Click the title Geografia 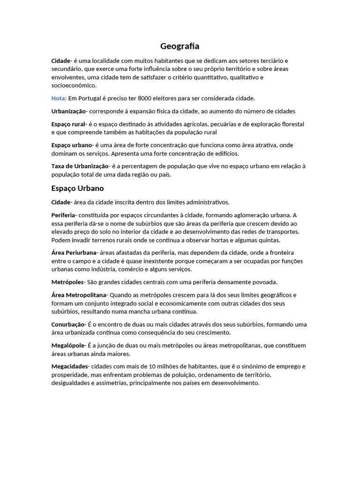[180, 46]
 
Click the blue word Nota [59, 98]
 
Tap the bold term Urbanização [68, 111]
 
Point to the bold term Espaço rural [68, 124]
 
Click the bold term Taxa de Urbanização [80, 166]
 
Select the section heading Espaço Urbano [77, 188]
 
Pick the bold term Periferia [63, 215]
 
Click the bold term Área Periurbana [74, 253]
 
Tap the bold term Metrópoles [67, 282]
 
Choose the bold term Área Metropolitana [79, 295]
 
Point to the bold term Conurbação [68, 324]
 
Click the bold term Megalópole [68, 345]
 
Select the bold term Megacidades [69, 367]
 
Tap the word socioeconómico [74, 86]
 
